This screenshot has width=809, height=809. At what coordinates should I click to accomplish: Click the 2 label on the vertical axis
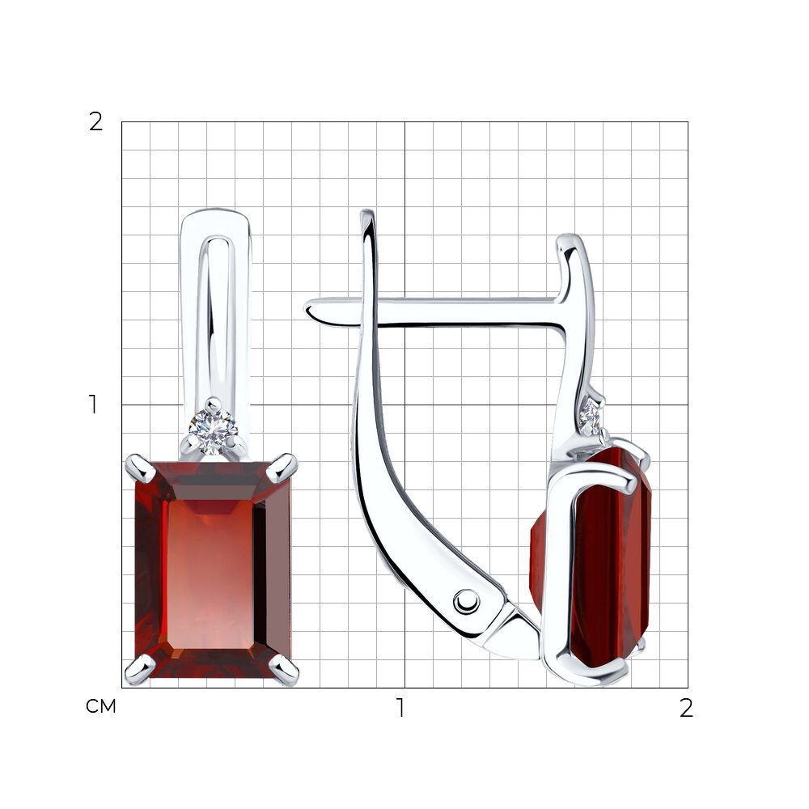(x=96, y=122)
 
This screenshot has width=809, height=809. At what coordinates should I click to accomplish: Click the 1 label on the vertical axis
(x=93, y=404)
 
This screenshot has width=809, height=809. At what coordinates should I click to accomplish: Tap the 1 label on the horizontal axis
(x=400, y=708)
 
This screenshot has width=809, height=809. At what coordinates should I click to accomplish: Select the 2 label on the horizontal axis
(x=686, y=708)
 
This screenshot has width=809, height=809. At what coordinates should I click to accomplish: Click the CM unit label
(x=100, y=706)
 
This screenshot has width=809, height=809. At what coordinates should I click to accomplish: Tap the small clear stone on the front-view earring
(x=213, y=426)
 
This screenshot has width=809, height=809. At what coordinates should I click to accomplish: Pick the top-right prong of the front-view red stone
(x=282, y=468)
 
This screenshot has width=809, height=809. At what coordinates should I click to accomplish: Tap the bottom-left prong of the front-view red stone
(x=139, y=669)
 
